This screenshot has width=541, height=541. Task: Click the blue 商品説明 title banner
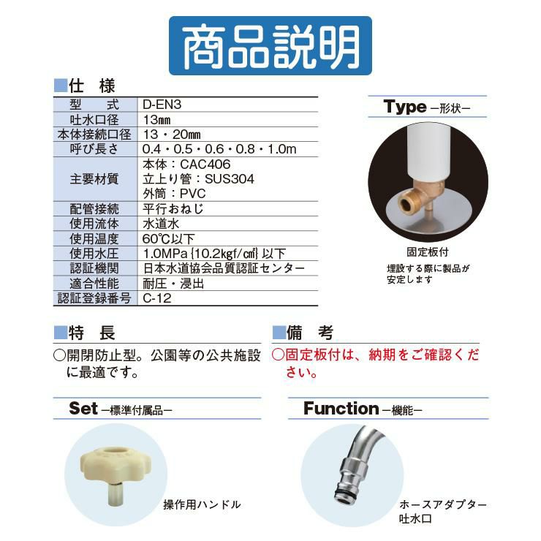point(270,45)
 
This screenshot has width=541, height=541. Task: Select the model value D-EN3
point(162,105)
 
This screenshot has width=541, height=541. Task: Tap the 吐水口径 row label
point(94,120)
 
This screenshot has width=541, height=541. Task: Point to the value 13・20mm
point(172,135)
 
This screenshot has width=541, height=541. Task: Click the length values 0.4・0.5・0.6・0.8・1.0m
point(219,149)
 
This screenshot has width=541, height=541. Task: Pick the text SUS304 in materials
point(230,179)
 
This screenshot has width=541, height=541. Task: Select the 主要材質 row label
point(94,179)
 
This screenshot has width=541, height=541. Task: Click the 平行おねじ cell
point(173,209)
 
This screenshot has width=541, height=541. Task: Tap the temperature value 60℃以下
point(168,239)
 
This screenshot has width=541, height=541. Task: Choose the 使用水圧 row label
point(94,254)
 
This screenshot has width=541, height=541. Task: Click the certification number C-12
point(157,298)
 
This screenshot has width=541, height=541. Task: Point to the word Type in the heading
point(405,107)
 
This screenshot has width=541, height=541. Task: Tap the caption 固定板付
point(428,252)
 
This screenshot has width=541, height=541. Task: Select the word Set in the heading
point(83,409)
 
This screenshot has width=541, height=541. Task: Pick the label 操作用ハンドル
point(202,504)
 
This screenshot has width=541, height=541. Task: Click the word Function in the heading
point(341,409)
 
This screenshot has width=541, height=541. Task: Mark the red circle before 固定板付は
point(278,355)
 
